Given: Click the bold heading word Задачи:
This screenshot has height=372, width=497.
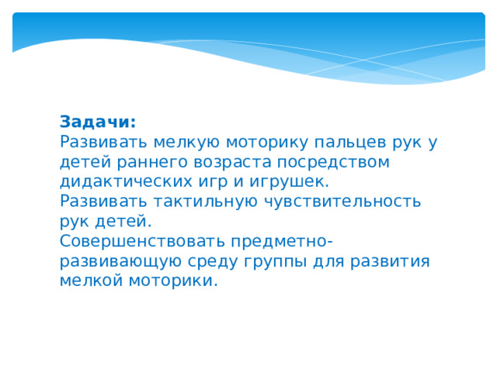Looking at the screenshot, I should [x=98, y=122].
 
